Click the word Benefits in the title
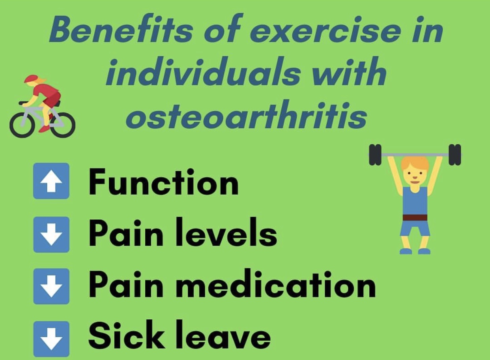click(121, 29)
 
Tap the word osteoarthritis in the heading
click(246, 114)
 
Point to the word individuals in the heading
click(204, 71)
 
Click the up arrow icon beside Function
click(51, 181)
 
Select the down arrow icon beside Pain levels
click(51, 234)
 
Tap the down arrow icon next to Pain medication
click(51, 286)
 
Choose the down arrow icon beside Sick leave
click(51, 339)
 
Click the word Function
click(163, 182)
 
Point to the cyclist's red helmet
click(31, 79)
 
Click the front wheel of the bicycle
click(22, 125)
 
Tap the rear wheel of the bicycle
click(63, 125)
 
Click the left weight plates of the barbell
click(375, 154)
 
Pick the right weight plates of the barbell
click(455, 154)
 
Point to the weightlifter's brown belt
click(415, 217)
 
